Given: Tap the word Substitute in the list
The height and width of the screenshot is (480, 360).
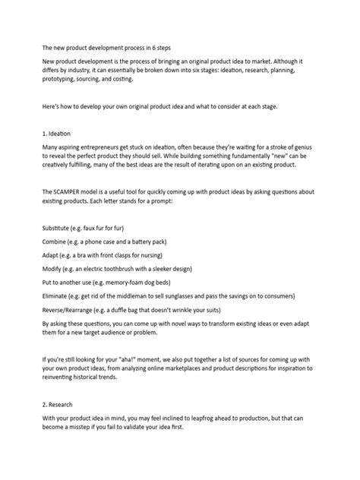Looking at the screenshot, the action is click(x=58, y=227).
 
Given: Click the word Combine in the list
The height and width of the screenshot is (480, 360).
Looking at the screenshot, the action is click(x=57, y=241).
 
